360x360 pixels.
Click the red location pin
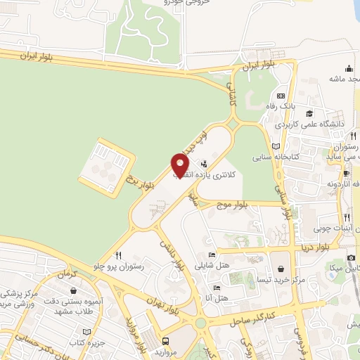(180, 165)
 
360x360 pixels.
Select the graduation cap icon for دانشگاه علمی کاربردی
(309, 112)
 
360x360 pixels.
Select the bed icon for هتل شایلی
(212, 255)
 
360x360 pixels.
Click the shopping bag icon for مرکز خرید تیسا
(281, 268)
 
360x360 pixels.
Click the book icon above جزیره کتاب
(86, 331)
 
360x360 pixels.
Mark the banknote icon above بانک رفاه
(281, 96)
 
